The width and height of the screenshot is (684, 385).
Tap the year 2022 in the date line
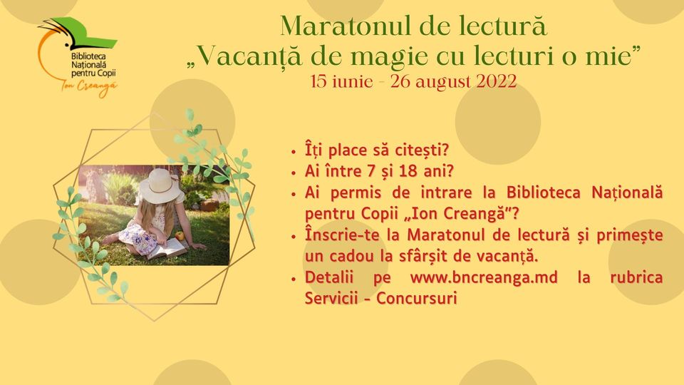tap(497, 81)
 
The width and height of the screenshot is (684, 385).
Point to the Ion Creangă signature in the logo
tap(88, 86)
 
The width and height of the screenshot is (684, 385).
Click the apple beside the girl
tap(180, 236)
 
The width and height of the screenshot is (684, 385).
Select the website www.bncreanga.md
tap(484, 278)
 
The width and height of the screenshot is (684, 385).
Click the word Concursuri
tap(417, 298)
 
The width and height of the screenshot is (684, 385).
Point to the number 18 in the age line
tap(408, 171)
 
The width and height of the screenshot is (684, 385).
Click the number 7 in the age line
tap(371, 171)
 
